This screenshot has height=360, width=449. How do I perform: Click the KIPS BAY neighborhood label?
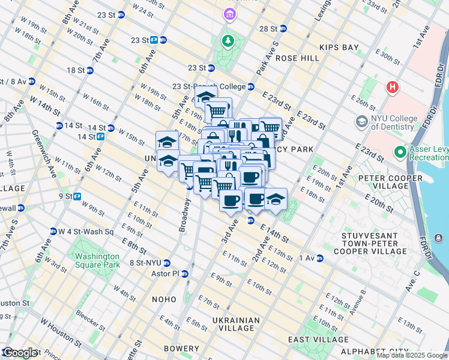tap(339, 47)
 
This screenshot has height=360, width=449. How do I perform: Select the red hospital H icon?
tap(393, 88)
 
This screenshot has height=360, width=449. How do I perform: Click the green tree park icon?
tap(228, 41)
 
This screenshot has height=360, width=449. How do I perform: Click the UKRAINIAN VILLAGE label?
tap(237, 324)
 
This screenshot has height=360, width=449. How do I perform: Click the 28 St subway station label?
tap(269, 29)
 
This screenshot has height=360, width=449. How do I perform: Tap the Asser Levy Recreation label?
tap(427, 154)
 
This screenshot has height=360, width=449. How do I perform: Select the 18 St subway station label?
tap(76, 70)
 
